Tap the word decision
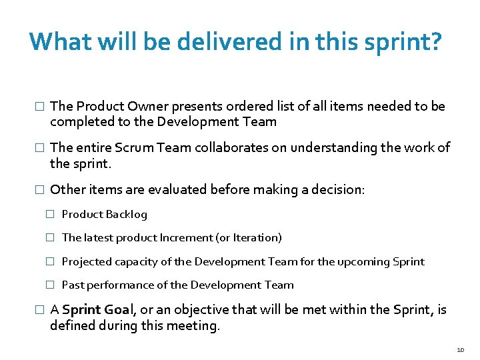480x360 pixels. [337, 189]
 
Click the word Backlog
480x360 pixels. [127, 214]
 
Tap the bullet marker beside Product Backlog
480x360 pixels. [49, 214]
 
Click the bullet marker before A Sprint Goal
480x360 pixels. [39, 310]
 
